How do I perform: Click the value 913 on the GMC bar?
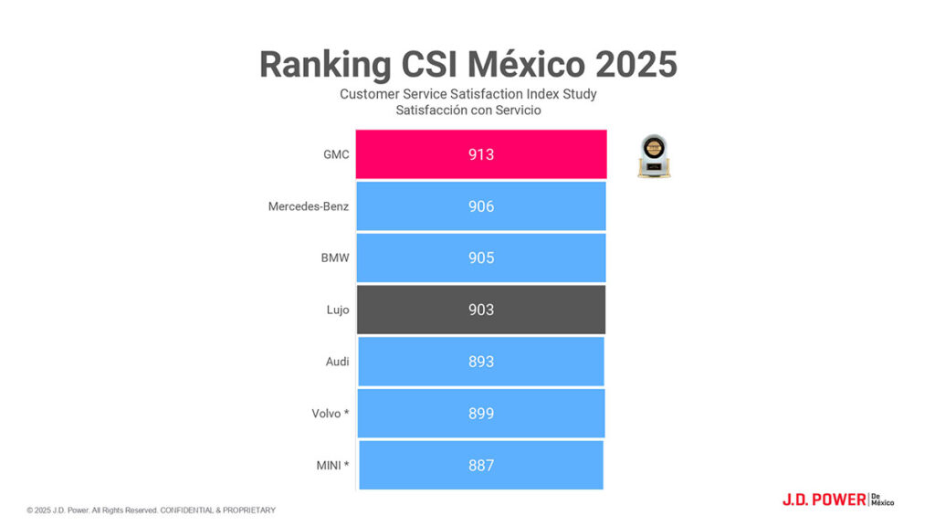[480, 154]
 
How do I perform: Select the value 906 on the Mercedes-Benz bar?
[480, 206]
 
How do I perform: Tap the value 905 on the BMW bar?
[480, 258]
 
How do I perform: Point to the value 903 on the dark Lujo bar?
[480, 310]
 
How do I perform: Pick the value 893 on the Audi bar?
[480, 362]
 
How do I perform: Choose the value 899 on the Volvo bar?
[480, 413]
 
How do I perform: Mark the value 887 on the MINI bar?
[480, 465]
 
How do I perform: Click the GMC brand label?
[336, 154]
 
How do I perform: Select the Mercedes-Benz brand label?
[309, 206]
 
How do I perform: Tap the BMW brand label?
[334, 258]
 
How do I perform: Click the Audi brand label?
[337, 362]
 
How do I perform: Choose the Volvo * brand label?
[330, 413]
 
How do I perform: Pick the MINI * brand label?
[331, 465]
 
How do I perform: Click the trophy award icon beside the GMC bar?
[654, 156]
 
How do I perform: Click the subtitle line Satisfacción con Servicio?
[468, 110]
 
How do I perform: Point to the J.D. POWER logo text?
[824, 500]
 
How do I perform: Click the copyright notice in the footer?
[151, 510]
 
